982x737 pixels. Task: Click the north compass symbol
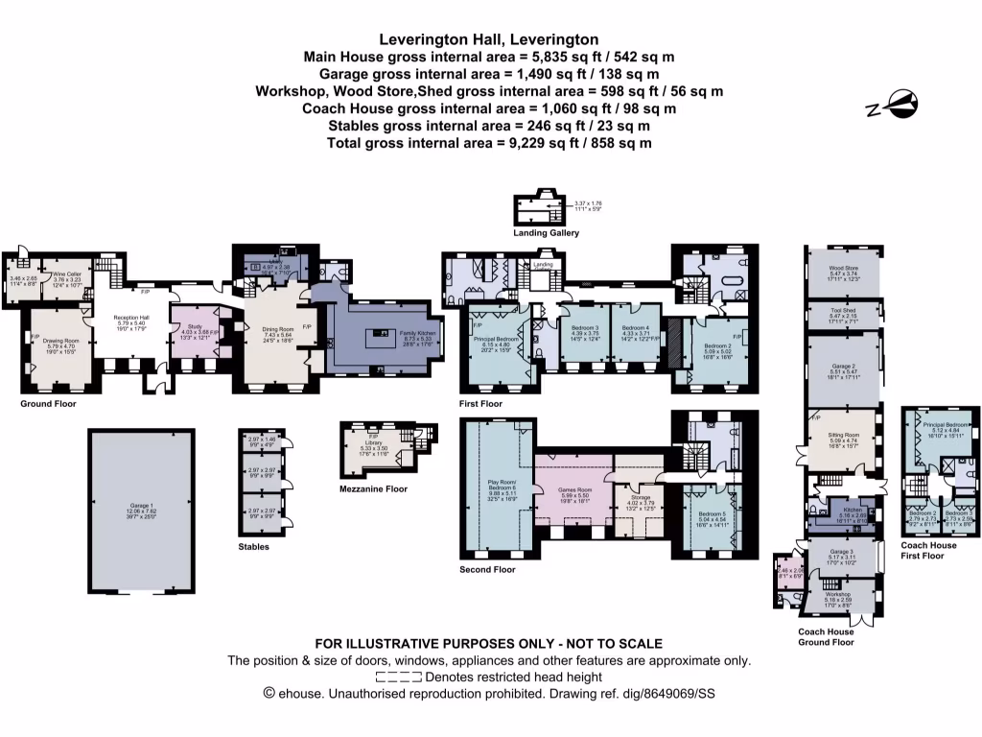pos(892,105)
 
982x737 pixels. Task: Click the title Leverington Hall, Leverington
pos(489,39)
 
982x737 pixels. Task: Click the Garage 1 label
pos(141,511)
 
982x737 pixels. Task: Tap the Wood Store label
pos(844,269)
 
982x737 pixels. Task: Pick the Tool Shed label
pos(844,311)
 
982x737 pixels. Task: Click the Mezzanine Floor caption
pos(373,488)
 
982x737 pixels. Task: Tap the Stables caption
pos(254,546)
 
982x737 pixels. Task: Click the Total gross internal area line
pos(489,143)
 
